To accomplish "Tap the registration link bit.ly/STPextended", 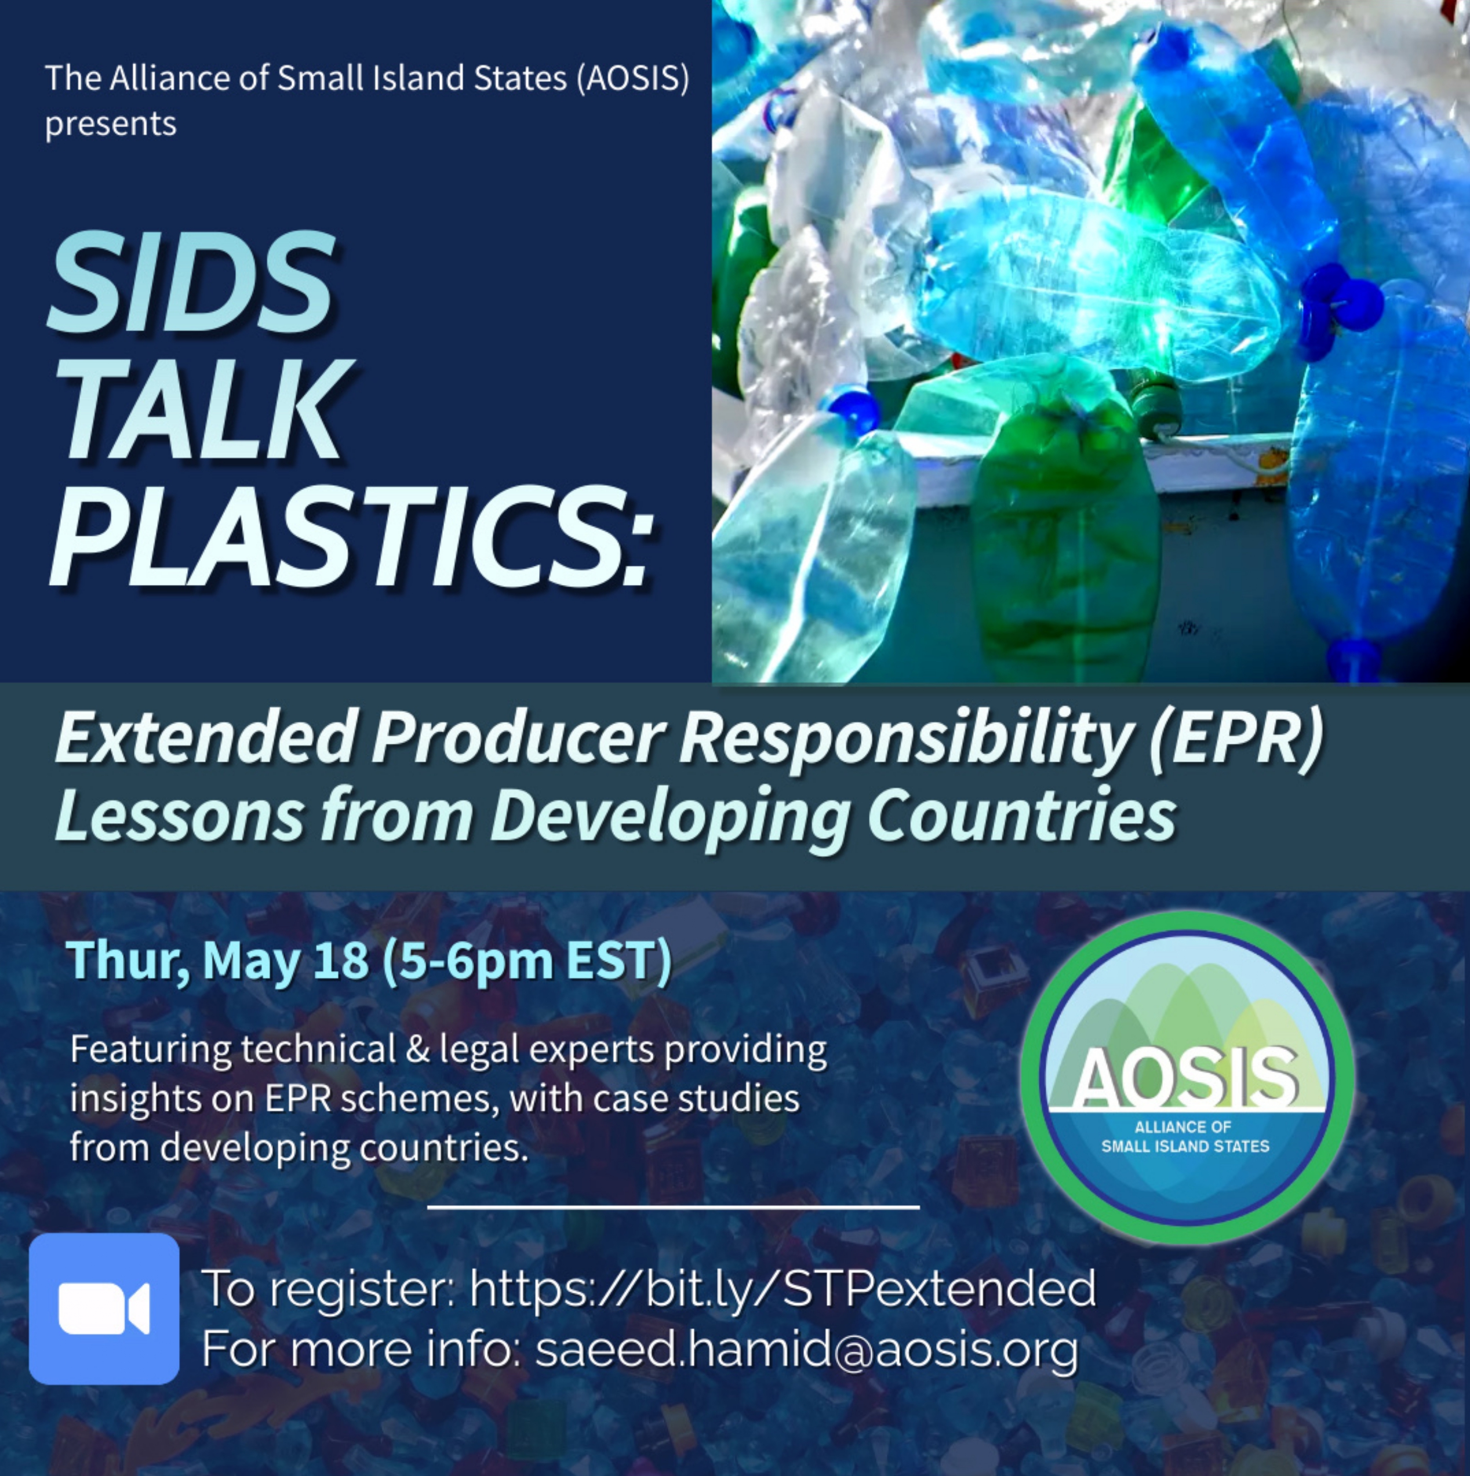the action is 783,1288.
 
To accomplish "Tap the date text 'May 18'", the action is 286,960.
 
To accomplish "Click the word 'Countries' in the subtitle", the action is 1021,815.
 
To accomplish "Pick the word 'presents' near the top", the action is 111,123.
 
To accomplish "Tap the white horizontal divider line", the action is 673,1208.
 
